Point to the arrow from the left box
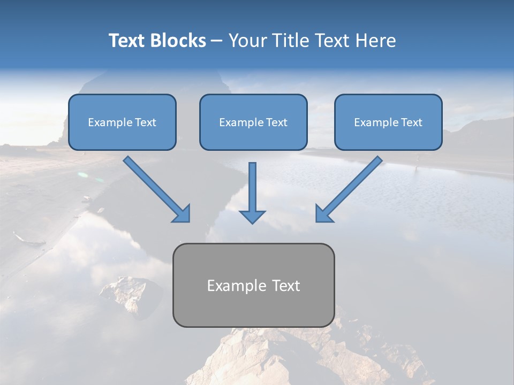point(153,186)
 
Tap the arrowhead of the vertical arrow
point(252,216)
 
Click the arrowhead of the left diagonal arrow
point(182,214)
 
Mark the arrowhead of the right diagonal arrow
point(323,213)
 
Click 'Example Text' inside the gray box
point(253,286)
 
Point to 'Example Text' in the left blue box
point(122,122)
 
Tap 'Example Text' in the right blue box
point(388,122)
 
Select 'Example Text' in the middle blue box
point(253,122)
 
